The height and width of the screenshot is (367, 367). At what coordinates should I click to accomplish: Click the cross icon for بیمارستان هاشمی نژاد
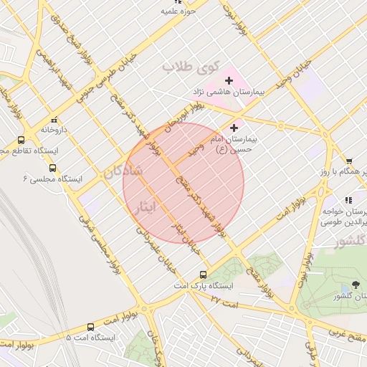(x=229, y=81)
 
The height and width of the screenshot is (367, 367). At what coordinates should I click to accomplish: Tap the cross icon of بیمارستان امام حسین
(x=234, y=128)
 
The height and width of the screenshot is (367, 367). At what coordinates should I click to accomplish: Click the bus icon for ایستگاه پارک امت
(x=203, y=275)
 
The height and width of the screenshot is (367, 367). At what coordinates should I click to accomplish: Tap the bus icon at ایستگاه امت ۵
(x=90, y=326)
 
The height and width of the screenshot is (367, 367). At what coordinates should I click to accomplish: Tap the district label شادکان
(x=123, y=173)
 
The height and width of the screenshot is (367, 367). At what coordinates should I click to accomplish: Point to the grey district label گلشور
(x=351, y=242)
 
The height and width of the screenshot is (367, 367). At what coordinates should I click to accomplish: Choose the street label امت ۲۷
(x=216, y=299)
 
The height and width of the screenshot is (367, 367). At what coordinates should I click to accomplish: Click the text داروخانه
(x=54, y=130)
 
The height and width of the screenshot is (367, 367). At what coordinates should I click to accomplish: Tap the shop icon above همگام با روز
(x=348, y=161)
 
